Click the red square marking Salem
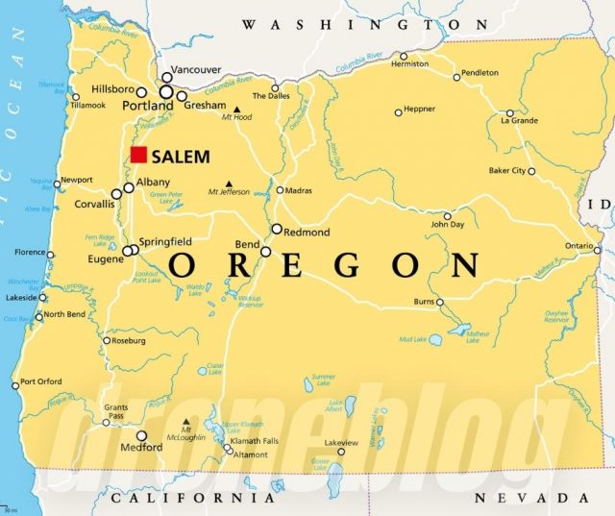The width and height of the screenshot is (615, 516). coord(139,155)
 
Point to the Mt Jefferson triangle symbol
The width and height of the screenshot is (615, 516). coord(229,183)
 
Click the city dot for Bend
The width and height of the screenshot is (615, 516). coord(266,252)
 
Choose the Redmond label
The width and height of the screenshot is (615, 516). coord(307,233)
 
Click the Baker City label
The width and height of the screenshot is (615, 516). coord(506,171)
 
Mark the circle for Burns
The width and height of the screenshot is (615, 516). coord(440,302)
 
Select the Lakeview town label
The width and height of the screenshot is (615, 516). coord(341,442)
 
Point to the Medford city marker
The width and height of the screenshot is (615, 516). coord(142,435)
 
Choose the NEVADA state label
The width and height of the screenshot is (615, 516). coord(531,498)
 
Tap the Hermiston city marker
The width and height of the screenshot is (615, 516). coord(404,56)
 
